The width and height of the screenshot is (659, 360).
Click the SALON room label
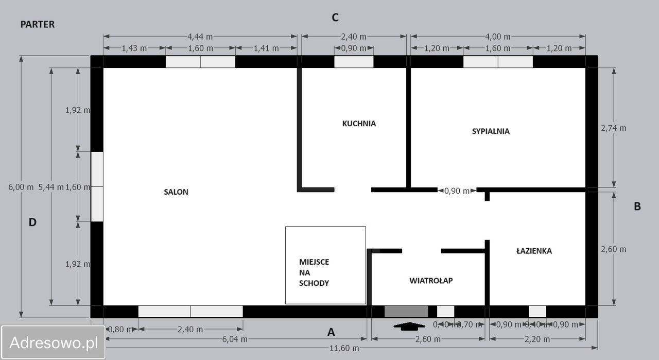(176, 192)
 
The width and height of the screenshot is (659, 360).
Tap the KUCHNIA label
(359, 124)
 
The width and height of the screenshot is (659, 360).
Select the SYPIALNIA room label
(491, 131)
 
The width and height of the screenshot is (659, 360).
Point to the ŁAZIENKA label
(534, 251)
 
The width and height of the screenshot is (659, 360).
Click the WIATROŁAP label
(431, 281)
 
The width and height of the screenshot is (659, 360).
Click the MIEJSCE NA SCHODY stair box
(325, 265)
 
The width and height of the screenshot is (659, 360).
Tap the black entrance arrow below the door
(409, 325)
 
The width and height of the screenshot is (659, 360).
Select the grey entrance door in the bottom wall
(406, 312)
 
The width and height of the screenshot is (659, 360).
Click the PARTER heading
(37, 24)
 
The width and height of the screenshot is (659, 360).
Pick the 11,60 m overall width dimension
(344, 348)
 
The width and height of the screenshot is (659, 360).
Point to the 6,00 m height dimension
(21, 187)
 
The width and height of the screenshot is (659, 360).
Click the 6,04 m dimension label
(235, 339)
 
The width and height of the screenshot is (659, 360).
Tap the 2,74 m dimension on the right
(614, 128)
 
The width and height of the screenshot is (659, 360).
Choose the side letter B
(637, 207)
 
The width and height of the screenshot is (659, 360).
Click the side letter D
(32, 222)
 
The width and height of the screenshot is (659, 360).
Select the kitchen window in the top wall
(354, 62)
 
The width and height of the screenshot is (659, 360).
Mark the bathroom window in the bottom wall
(537, 312)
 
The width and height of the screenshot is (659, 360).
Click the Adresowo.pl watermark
(54, 342)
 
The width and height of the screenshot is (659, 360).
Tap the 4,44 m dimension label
(200, 37)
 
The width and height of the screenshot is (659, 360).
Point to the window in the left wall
(97, 187)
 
